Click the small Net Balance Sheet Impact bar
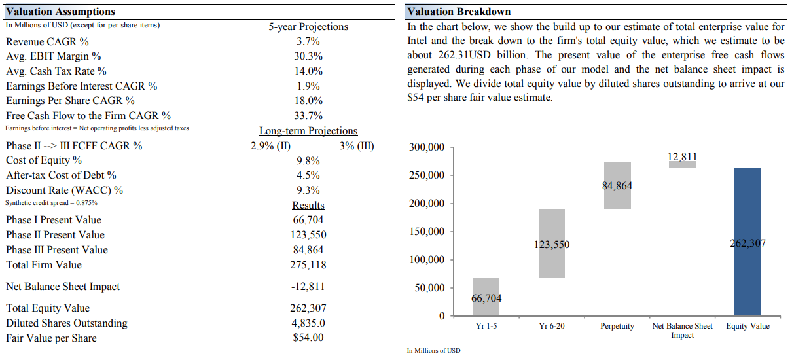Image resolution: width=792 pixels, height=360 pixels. [x=682, y=164]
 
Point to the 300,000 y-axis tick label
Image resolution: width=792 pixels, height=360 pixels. [x=426, y=147]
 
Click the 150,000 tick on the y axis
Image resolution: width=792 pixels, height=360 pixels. [x=426, y=232]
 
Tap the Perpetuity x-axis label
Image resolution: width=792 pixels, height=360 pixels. [x=617, y=326]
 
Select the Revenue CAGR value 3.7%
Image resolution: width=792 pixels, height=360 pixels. [x=308, y=41]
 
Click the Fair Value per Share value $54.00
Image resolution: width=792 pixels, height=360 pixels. [x=308, y=338]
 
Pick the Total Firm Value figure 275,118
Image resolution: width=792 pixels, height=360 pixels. [x=308, y=264]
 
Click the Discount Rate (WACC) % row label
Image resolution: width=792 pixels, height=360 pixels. [x=64, y=190]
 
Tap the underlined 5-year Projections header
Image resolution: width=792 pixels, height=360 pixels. [x=308, y=27]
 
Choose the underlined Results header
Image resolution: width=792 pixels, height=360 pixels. [x=308, y=206]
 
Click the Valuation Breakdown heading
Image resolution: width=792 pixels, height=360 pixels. [x=459, y=12]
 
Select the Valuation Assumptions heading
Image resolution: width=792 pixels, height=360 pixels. [x=60, y=12]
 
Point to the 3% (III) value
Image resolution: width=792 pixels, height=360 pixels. [x=357, y=145]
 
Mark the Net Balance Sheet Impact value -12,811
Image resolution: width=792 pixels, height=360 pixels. [x=308, y=286]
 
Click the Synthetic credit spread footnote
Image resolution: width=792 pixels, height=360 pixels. [x=52, y=202]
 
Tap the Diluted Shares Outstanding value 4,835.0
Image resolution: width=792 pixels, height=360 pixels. [x=308, y=323]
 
